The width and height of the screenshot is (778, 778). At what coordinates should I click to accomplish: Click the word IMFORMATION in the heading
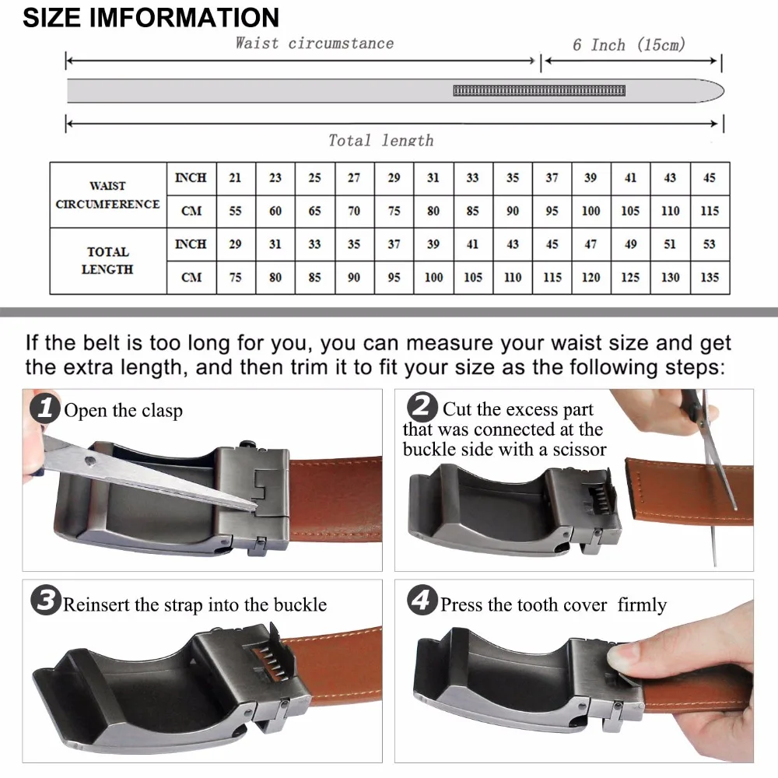tap(184, 18)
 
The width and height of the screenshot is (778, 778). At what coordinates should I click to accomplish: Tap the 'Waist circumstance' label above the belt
tap(314, 43)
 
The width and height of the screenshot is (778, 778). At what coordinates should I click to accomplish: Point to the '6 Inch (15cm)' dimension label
tap(629, 44)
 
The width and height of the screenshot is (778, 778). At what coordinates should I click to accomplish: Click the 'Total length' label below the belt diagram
tap(381, 140)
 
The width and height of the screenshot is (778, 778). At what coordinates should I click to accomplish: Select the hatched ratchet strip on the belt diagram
tap(539, 90)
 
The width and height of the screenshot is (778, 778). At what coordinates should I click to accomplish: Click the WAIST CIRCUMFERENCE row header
tap(107, 195)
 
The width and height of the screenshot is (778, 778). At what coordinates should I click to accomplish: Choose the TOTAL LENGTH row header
tap(107, 261)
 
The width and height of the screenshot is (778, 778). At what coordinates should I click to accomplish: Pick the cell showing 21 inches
tap(236, 178)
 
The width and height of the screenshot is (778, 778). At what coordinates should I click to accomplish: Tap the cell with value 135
tap(710, 278)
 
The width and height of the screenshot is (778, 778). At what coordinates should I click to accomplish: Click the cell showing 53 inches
tap(710, 244)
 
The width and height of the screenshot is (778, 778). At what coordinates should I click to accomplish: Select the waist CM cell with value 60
tap(275, 212)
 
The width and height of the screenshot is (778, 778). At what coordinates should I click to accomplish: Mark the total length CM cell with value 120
tap(591, 278)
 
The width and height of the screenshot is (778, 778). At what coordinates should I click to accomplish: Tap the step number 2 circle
tap(422, 407)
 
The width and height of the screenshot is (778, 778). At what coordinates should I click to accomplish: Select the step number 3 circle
tap(46, 600)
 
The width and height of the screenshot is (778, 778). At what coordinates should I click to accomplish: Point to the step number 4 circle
tap(422, 600)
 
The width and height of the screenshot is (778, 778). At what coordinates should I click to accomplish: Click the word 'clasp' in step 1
tap(162, 411)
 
